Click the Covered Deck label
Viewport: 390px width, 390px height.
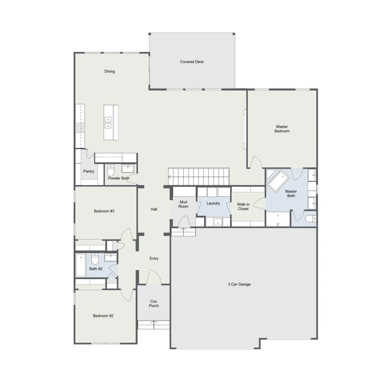click(192, 62)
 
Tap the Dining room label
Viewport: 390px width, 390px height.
click(110, 71)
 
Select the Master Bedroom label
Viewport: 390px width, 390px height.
click(282, 129)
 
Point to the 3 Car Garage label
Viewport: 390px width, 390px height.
click(239, 284)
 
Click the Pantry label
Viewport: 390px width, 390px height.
click(89, 171)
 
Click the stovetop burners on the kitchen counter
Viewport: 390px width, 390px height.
click(80, 128)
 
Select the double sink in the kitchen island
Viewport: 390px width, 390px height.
click(108, 122)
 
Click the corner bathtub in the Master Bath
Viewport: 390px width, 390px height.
click(278, 180)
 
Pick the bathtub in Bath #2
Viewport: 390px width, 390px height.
click(81, 265)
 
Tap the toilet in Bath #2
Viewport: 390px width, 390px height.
click(95, 258)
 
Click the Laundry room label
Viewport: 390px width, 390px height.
click(213, 203)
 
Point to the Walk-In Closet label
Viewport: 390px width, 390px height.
click(243, 206)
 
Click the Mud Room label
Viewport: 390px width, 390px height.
click(183, 204)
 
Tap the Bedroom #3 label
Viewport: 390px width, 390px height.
click(104, 211)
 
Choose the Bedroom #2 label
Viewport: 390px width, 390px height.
click(103, 315)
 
